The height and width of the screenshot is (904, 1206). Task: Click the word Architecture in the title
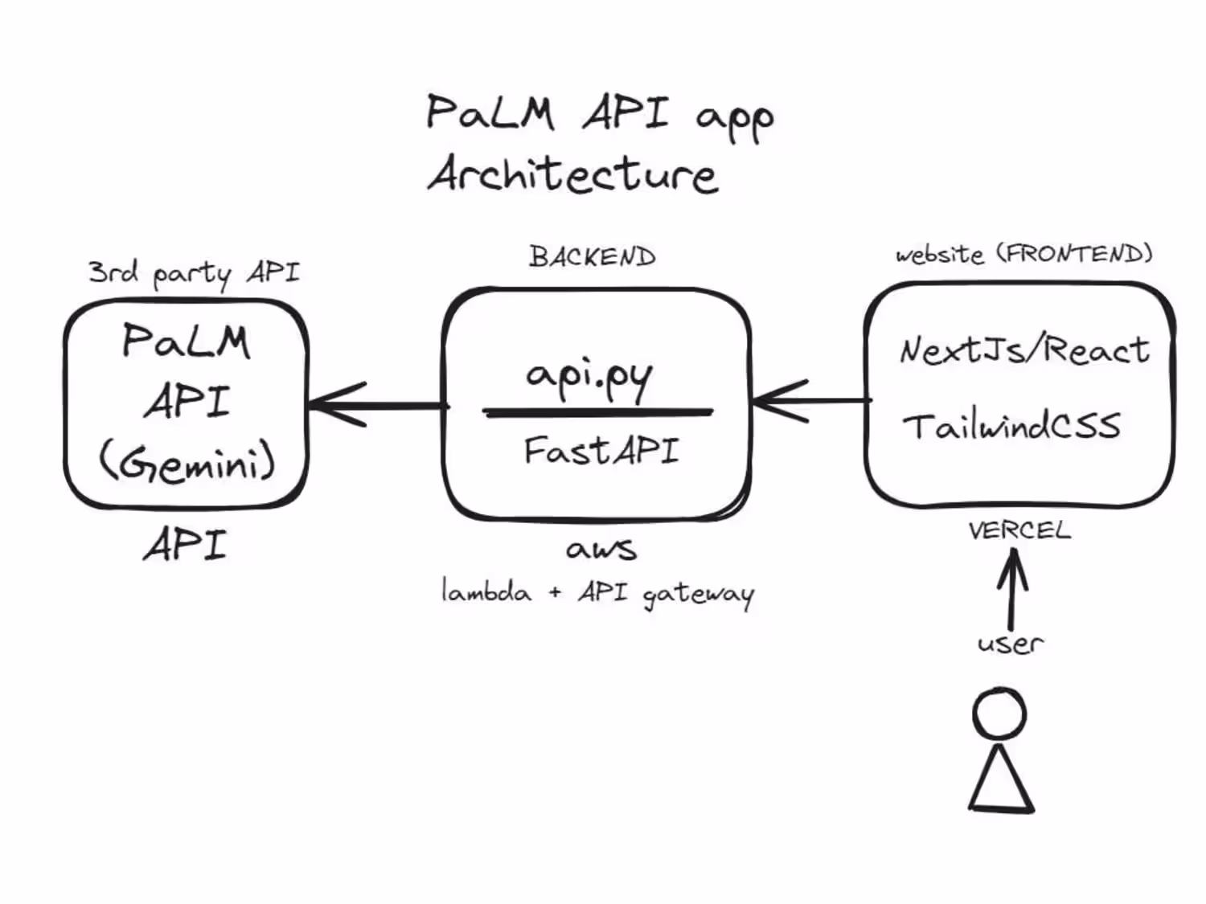[572, 174]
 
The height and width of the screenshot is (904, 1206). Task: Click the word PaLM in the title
[490, 112]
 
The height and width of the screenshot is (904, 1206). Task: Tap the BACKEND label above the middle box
[593, 257]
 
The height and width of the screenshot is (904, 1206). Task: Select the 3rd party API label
[194, 272]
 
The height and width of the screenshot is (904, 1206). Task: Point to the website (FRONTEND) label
[1023, 254]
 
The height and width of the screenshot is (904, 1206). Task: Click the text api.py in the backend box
[589, 376]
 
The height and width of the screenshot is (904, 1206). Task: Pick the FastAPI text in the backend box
[601, 451]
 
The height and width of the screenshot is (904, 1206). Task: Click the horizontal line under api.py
[597, 412]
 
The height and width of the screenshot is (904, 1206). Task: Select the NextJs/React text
[1024, 350]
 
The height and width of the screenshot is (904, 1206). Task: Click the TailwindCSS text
[1011, 426]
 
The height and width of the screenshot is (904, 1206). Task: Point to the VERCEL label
[1019, 530]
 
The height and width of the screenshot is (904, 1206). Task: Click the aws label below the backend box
[601, 549]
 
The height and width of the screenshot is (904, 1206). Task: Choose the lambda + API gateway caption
[597, 593]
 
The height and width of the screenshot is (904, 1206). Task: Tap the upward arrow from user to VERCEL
[1012, 591]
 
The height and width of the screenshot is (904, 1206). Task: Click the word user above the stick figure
[1010, 643]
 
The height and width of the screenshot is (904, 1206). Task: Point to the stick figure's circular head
[999, 713]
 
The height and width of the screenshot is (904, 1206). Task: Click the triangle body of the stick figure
[1001, 783]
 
